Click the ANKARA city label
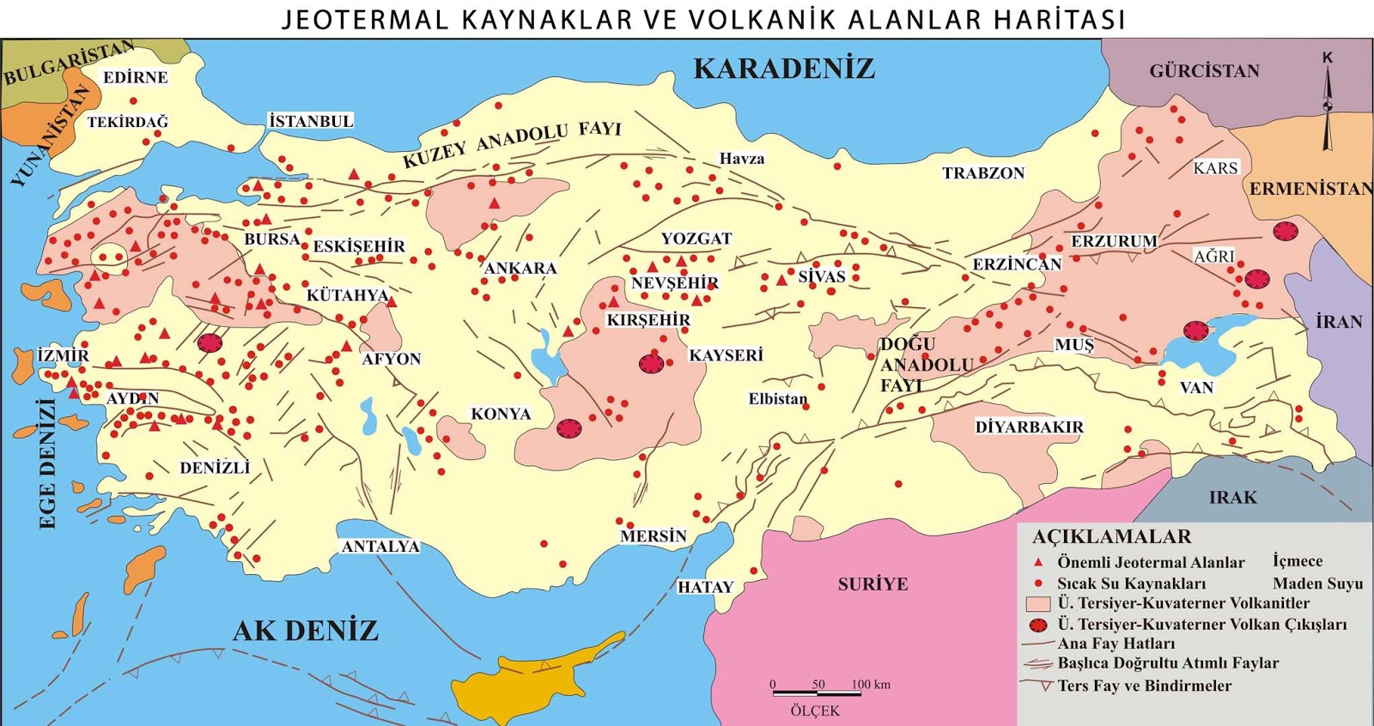pyautogui.click(x=520, y=269)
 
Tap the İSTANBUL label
pyautogui.click(x=311, y=121)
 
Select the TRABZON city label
pyautogui.click(x=983, y=173)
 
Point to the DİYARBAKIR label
pyautogui.click(x=1029, y=427)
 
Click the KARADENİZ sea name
pyautogui.click(x=783, y=69)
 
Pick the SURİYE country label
pyautogui.click(x=872, y=584)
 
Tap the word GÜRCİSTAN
pyautogui.click(x=1204, y=71)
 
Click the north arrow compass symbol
pyautogui.click(x=1328, y=103)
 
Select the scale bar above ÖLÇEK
pyautogui.click(x=816, y=693)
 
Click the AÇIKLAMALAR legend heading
pyautogui.click(x=1111, y=537)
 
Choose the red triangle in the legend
pyautogui.click(x=1038, y=562)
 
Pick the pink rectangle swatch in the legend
pyautogui.click(x=1038, y=604)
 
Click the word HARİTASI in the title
pyautogui.click(x=1060, y=19)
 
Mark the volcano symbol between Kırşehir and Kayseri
pyautogui.click(x=652, y=364)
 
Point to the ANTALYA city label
pyautogui.click(x=380, y=547)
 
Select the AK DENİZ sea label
pyautogui.click(x=306, y=631)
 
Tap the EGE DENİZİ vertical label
pyautogui.click(x=47, y=463)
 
